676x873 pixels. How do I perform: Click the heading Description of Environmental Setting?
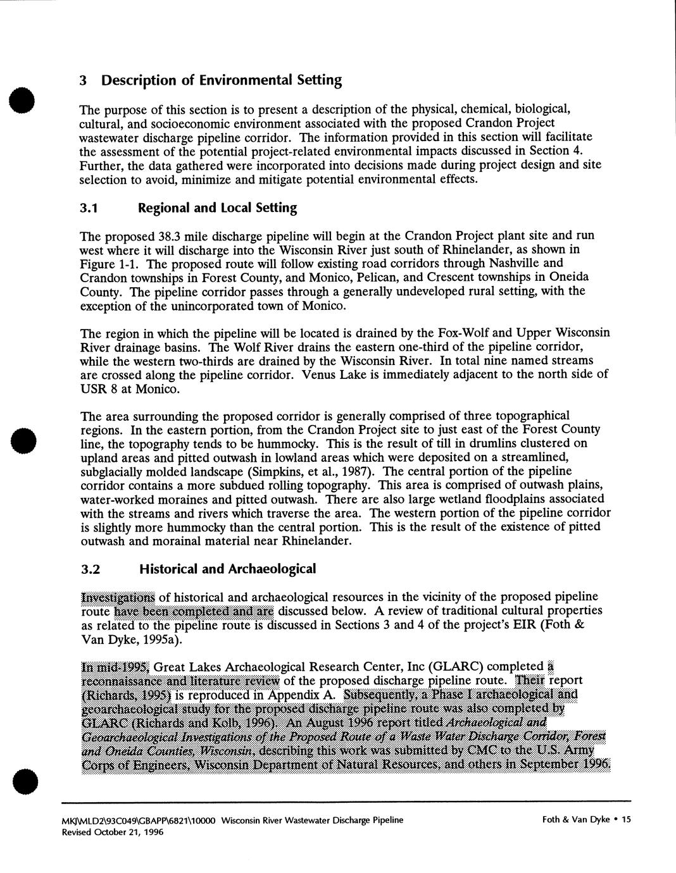tap(222, 80)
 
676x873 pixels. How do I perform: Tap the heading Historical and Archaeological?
tap(227, 569)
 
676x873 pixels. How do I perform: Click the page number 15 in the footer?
tap(627, 820)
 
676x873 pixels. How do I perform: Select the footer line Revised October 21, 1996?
tap(112, 833)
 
